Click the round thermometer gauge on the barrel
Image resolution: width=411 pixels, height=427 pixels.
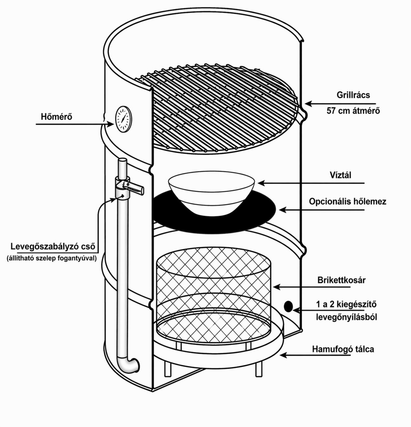(x=123, y=119)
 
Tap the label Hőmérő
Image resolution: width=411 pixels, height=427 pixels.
(x=57, y=117)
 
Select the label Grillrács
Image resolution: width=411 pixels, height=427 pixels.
(x=353, y=95)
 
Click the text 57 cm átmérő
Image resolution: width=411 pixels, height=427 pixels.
(x=353, y=110)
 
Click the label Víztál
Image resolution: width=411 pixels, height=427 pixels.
(x=340, y=175)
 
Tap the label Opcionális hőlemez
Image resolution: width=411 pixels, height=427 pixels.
(x=347, y=201)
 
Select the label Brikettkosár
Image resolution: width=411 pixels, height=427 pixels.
(x=341, y=280)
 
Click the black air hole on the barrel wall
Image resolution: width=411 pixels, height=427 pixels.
(x=288, y=306)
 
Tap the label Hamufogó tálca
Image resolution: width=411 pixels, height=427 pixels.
(x=343, y=349)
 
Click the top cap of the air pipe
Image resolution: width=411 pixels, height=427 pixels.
(x=123, y=161)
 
